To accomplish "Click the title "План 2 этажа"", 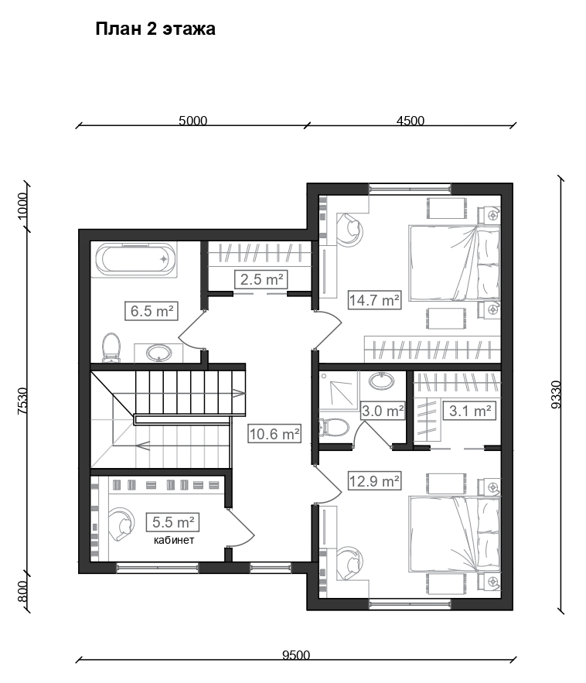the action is coord(155,29).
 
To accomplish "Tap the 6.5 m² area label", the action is coord(152,311).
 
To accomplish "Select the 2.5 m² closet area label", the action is coord(261,279).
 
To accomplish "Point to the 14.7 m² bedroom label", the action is coord(374,299).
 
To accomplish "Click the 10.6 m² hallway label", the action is coord(274,434).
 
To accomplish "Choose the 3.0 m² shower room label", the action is coord(383,411).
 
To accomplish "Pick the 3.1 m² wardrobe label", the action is coord(470,411).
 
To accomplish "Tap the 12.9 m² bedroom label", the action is coord(374,481).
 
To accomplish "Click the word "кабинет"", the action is coord(174,540).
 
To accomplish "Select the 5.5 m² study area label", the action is coord(173,522).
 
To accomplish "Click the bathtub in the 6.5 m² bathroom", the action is coord(136,259).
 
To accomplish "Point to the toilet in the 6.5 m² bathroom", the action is coord(111,347).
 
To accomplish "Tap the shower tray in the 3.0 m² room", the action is coord(339,391).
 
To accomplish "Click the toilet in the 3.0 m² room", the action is coord(334,428).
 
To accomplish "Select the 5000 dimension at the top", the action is coord(192,121).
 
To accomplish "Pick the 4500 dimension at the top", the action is coord(410,121).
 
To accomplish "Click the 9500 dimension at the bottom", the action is coord(296,654).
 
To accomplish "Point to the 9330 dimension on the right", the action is coord(557,394).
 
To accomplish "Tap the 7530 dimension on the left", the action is coord(22,401).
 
